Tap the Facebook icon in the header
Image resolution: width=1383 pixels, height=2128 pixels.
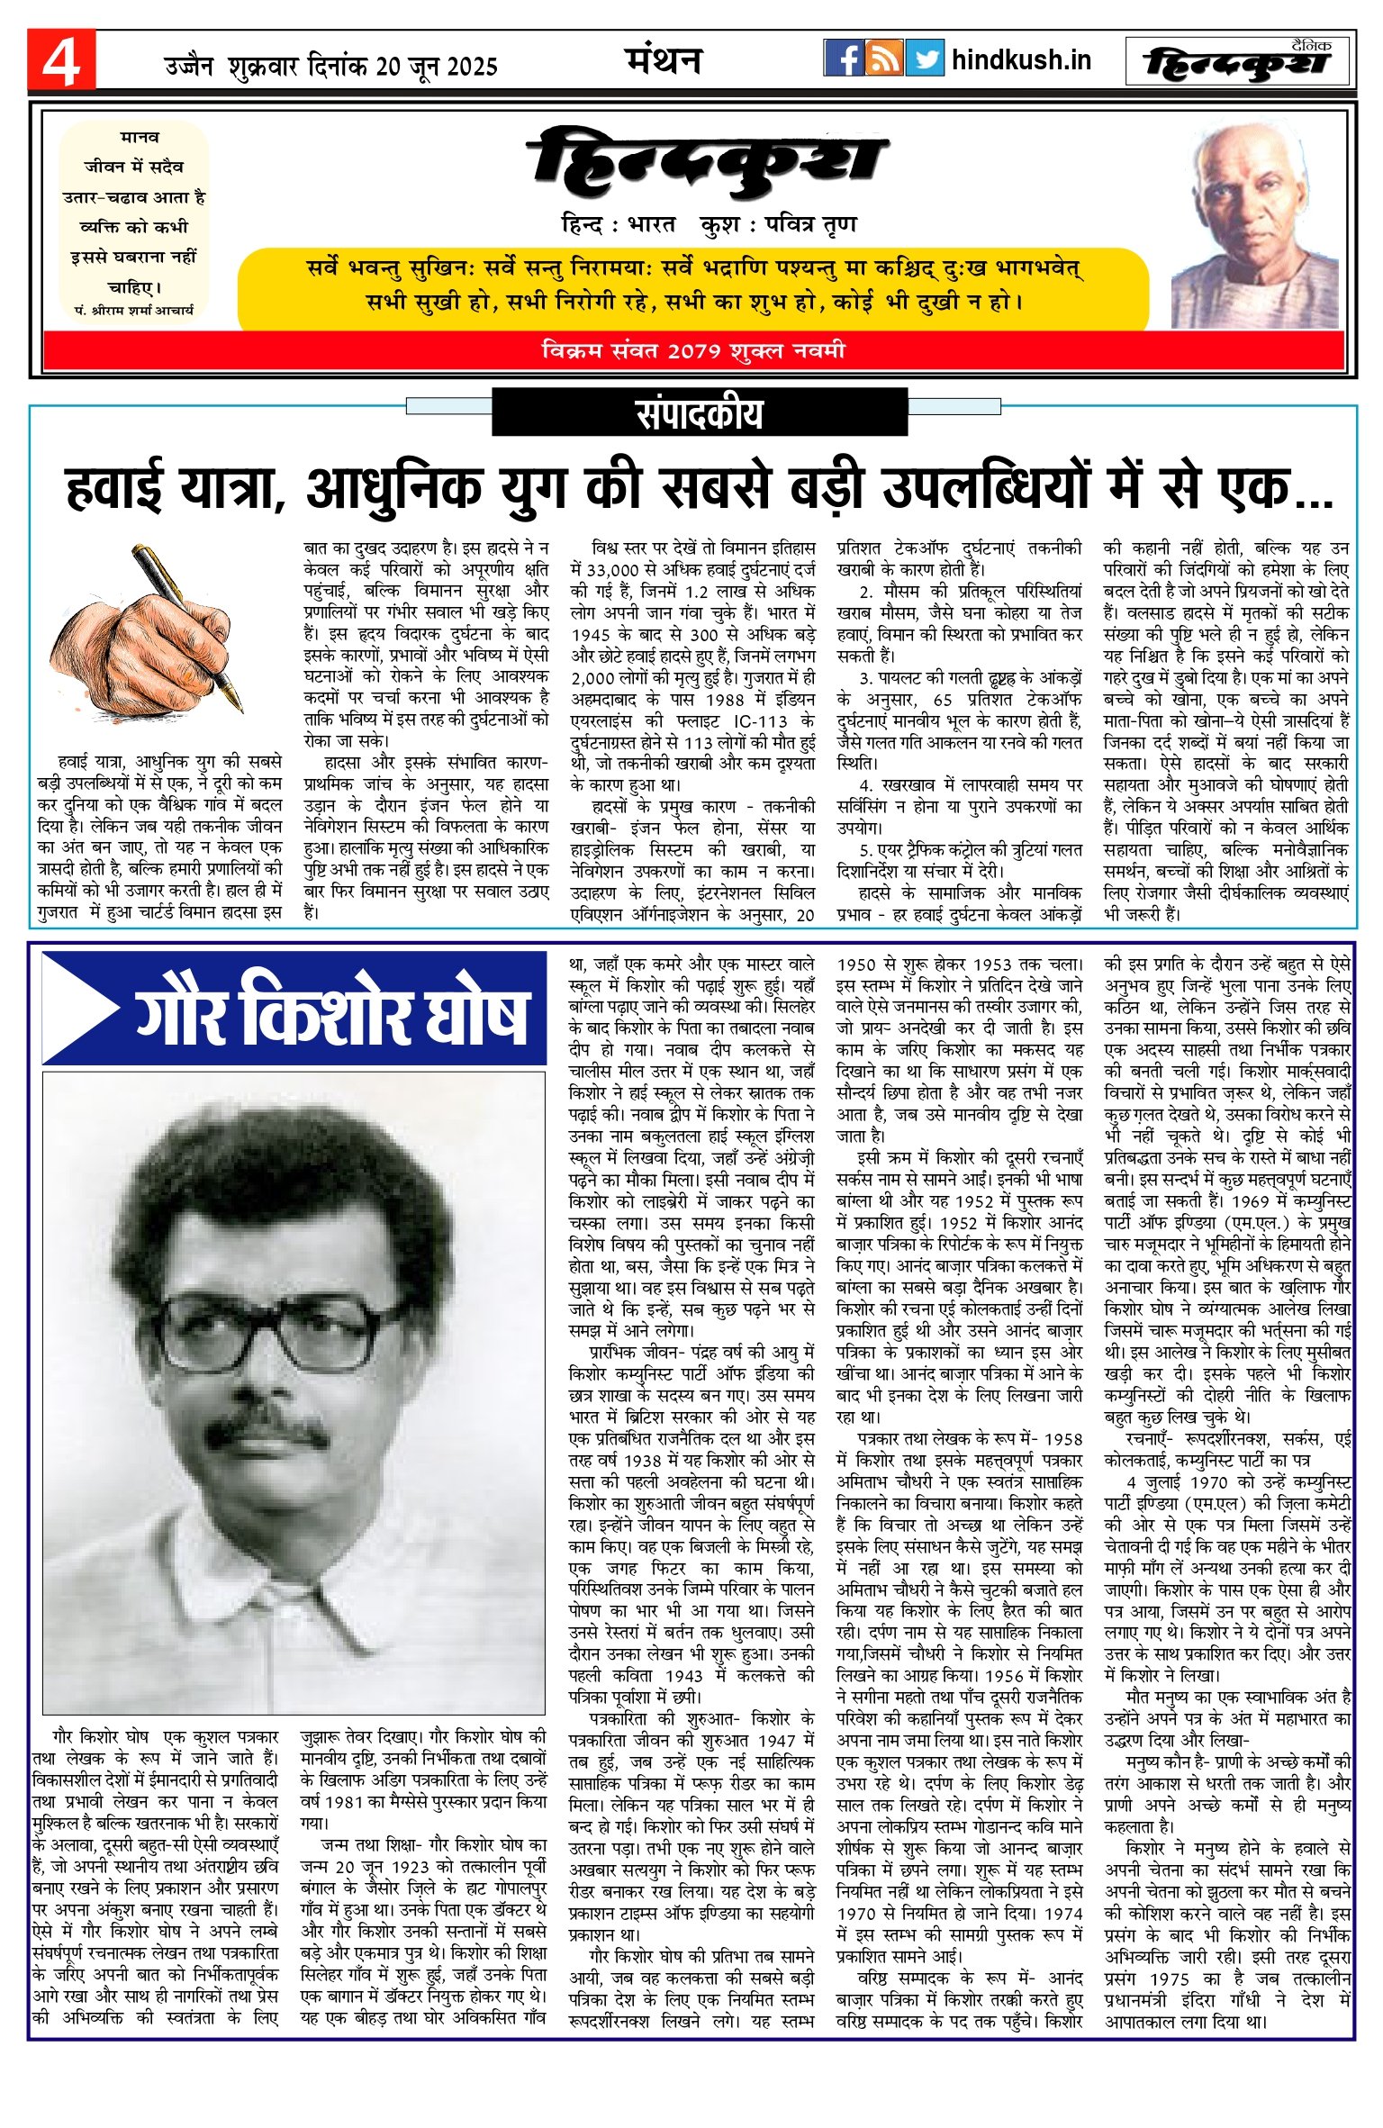pyautogui.click(x=843, y=59)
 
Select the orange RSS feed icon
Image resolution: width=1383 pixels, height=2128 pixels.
pyautogui.click(x=884, y=59)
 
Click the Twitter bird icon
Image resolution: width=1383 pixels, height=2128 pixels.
pyautogui.click(x=925, y=59)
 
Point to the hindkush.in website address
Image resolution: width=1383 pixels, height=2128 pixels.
pyautogui.click(x=1021, y=60)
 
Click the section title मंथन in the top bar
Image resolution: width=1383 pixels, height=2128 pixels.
pyautogui.click(x=664, y=60)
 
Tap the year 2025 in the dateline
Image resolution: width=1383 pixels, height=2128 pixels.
pyautogui.click(x=472, y=67)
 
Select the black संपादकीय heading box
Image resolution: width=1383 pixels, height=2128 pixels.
pyautogui.click(x=699, y=413)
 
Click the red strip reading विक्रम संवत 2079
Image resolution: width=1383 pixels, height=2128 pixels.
pyautogui.click(x=693, y=350)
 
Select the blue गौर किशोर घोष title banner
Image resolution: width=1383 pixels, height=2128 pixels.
pyautogui.click(x=294, y=1009)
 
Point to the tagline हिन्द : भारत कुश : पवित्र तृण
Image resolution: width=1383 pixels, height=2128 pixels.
pyautogui.click(x=708, y=223)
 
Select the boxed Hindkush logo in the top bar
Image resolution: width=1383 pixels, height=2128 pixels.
pyautogui.click(x=1239, y=61)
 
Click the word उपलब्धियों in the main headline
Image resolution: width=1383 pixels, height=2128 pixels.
pyautogui.click(x=985, y=489)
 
